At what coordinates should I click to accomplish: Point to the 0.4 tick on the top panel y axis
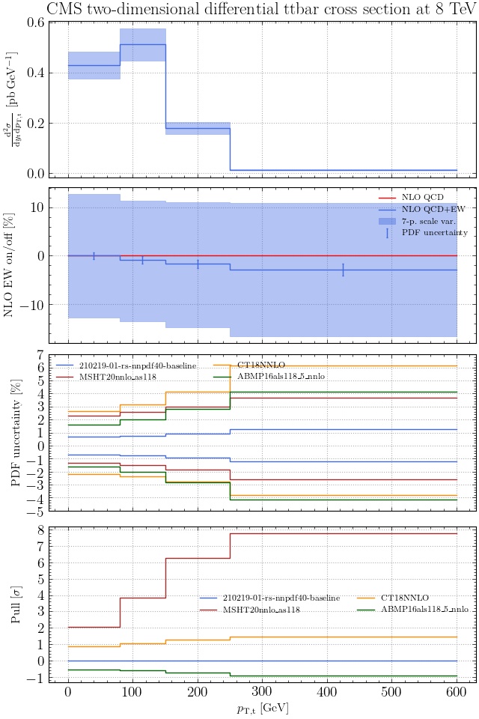[x=34, y=73]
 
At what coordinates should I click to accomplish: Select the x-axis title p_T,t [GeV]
[x=261, y=708]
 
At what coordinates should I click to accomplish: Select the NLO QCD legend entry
[x=422, y=197]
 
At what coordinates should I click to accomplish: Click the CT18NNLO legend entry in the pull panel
[x=404, y=577]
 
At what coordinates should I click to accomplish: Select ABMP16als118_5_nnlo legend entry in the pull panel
[x=424, y=589]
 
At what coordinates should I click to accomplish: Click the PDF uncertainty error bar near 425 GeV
[x=343, y=270]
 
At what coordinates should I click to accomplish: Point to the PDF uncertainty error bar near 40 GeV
[x=94, y=256]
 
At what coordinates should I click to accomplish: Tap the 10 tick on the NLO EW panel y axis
[x=34, y=207]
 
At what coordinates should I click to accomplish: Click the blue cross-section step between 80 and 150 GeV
[x=142, y=44]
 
